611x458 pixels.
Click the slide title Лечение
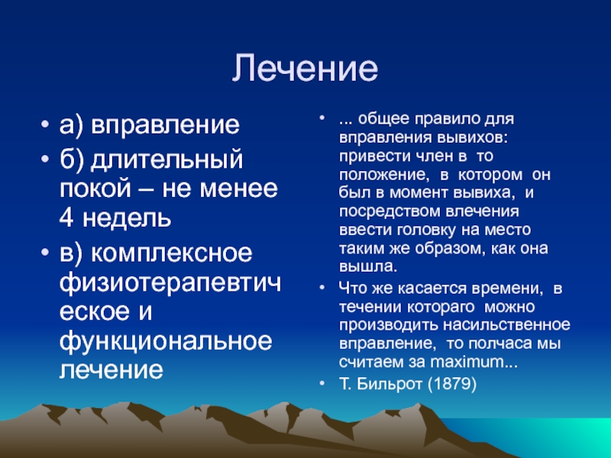coord(305,68)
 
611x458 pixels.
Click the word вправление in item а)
coord(165,125)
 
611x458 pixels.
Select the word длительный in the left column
coord(166,160)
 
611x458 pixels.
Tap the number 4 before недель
coord(66,218)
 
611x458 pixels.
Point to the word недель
coord(127,218)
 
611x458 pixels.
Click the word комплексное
coord(172,253)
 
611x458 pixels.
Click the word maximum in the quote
coord(467,362)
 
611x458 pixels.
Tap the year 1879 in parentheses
coord(452,384)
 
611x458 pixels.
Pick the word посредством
coord(390,211)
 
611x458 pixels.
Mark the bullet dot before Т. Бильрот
coord(322,384)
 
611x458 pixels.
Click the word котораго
coord(441,308)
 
